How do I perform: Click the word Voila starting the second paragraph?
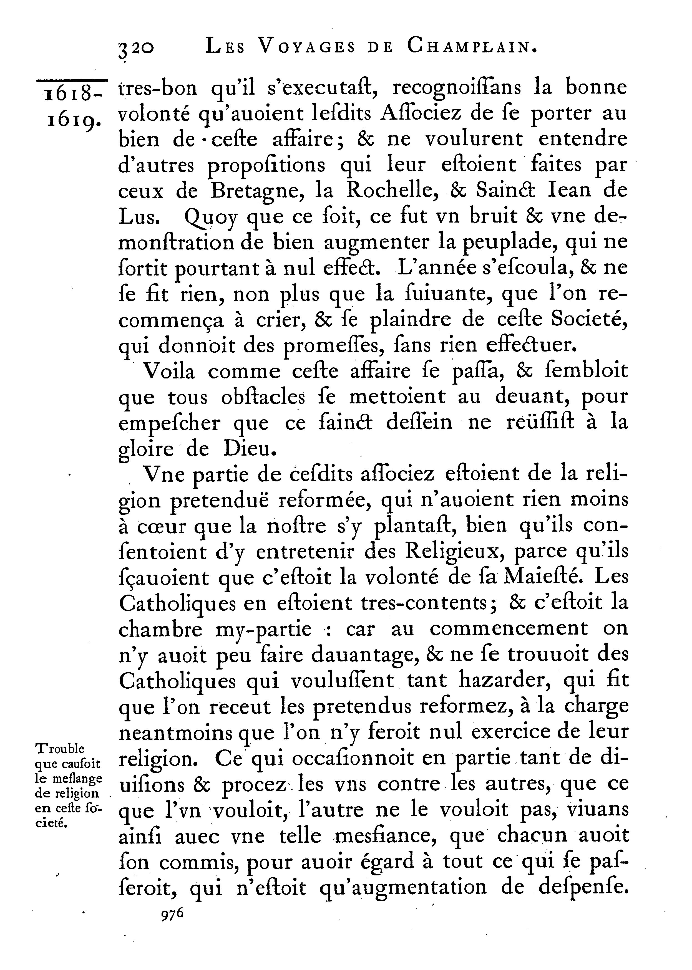click(x=169, y=371)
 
